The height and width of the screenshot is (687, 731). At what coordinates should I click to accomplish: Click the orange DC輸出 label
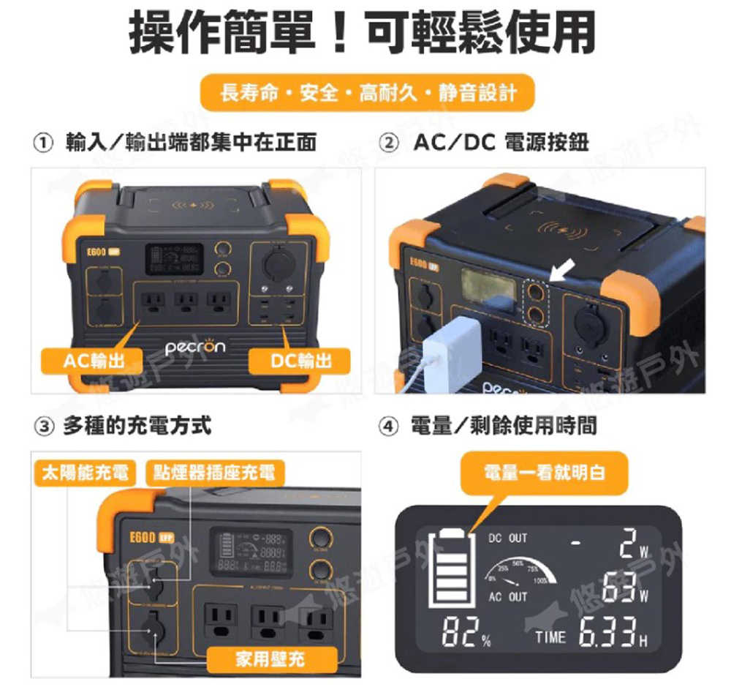tap(300, 359)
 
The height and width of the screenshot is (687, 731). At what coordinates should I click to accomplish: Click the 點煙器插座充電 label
tap(213, 472)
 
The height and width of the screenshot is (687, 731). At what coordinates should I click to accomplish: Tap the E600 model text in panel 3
tap(139, 536)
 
